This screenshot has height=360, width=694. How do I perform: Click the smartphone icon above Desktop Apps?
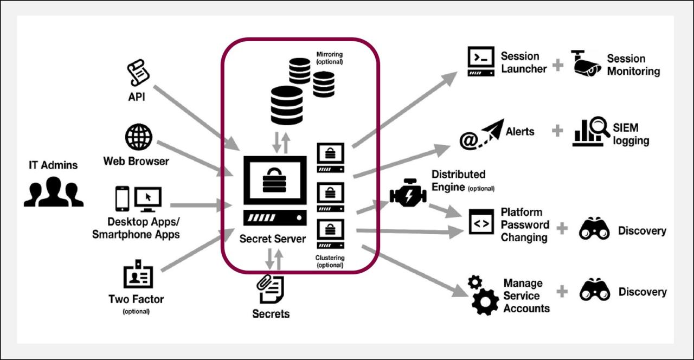tap(123, 199)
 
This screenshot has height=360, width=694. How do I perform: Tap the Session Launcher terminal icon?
tap(481, 61)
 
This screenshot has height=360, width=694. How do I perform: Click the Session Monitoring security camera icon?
tap(586, 62)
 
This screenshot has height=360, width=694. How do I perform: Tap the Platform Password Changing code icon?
tap(481, 222)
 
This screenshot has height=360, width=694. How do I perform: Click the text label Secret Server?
tap(273, 239)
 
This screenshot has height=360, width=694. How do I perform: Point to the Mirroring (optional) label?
tap(330, 58)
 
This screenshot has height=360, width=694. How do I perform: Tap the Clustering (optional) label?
tap(330, 261)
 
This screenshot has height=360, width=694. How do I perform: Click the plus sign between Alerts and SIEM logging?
tap(557, 131)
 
